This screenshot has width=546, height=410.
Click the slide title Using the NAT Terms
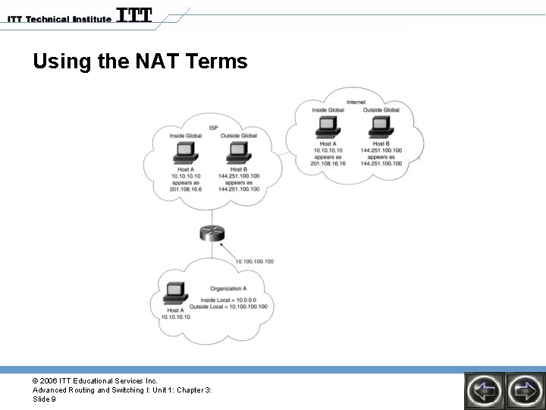[140, 61]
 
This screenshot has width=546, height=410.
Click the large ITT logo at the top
[135, 15]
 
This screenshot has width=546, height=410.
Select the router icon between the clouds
[212, 235]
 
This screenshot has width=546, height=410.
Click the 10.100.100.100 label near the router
[254, 261]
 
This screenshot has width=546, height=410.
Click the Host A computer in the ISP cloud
[184, 155]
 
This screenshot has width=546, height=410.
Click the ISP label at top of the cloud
[214, 127]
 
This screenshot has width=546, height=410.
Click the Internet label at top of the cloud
[355, 102]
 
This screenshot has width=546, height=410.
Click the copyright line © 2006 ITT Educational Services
[95, 380]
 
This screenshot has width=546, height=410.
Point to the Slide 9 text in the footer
[44, 399]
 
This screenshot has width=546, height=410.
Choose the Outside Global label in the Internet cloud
[381, 110]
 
